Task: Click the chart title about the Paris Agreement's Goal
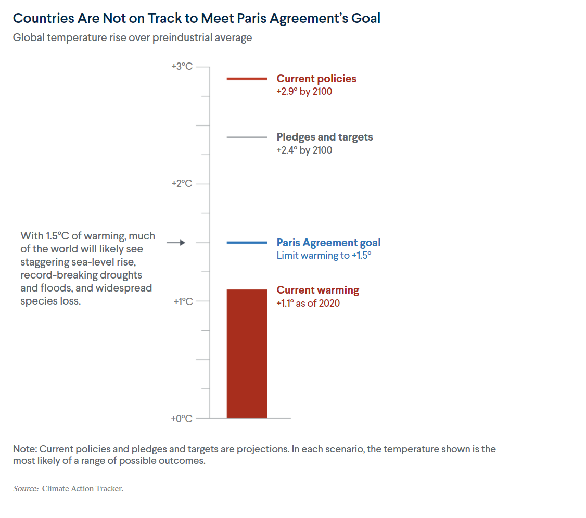pyautogui.click(x=196, y=18)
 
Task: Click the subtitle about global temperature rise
pyautogui.click(x=132, y=38)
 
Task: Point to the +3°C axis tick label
pyautogui.click(x=182, y=67)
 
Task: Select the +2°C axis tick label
pyautogui.click(x=182, y=184)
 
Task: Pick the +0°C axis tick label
pyautogui.click(x=182, y=419)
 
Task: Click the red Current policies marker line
pyautogui.click(x=247, y=79)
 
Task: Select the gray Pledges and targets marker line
pyautogui.click(x=247, y=137)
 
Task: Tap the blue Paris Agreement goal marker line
pyautogui.click(x=247, y=243)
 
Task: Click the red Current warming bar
pyautogui.click(x=247, y=354)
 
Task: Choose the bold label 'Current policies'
pyautogui.click(x=316, y=79)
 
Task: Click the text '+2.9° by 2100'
pyautogui.click(x=304, y=92)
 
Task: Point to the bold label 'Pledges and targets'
pyautogui.click(x=325, y=137)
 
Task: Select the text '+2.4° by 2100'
pyautogui.click(x=304, y=150)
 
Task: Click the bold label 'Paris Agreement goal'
pyautogui.click(x=328, y=243)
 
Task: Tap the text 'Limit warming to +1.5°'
pyautogui.click(x=324, y=256)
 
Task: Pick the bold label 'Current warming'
pyautogui.click(x=317, y=290)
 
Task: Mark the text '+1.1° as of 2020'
pyautogui.click(x=308, y=303)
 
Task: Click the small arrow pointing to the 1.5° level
pyautogui.click(x=176, y=243)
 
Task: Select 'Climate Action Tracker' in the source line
pyautogui.click(x=83, y=489)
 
